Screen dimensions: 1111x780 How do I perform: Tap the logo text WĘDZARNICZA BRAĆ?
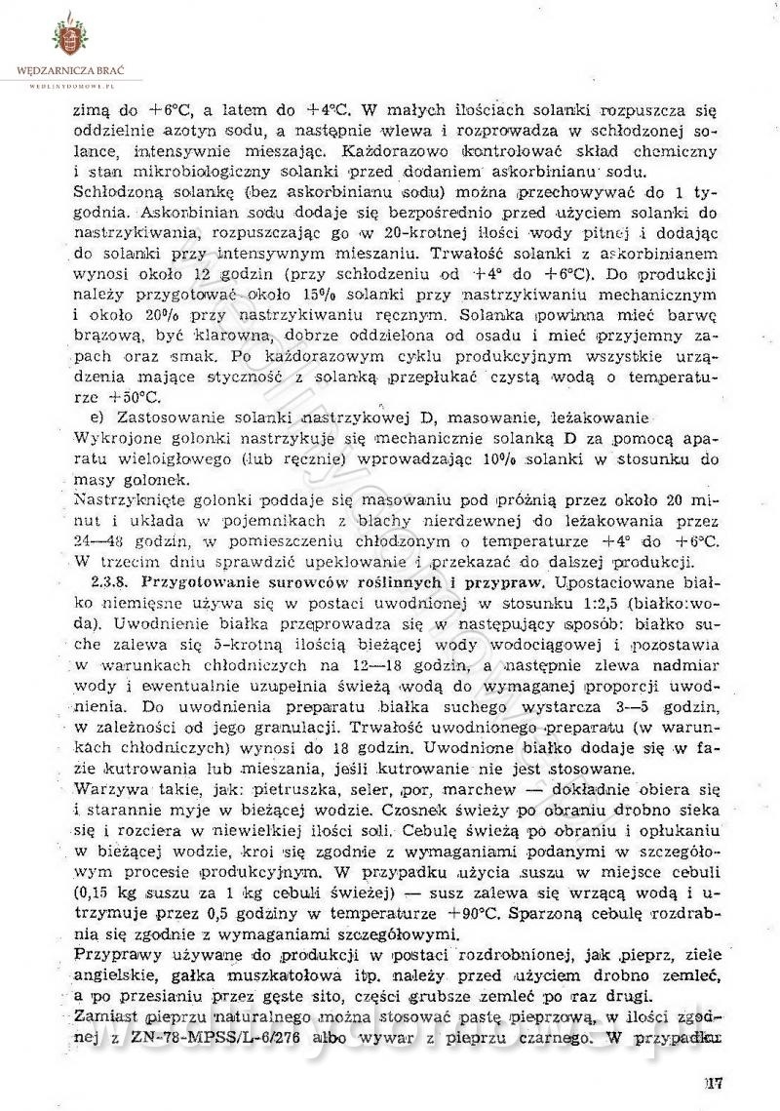point(71,71)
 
